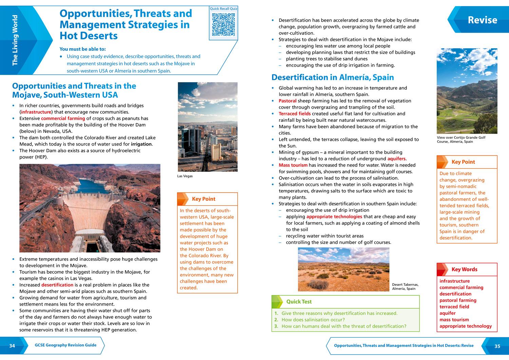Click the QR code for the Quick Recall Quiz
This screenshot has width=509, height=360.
pos(223,24)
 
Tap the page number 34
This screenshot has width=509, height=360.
pos(12,346)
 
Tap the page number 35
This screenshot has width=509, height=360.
pos(497,346)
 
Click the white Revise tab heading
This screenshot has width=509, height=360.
pos(482,20)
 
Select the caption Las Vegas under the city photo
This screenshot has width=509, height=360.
pos(185,176)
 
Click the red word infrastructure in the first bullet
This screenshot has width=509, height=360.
pos(36,112)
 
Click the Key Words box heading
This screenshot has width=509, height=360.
pos(464,269)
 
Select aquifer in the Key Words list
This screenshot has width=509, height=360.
pos(447,313)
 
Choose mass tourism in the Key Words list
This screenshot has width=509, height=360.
pos(454,320)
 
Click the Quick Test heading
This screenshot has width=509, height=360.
pos(299,302)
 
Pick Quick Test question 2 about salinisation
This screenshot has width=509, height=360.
pos(313,320)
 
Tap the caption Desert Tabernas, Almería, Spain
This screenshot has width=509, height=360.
pos(405,287)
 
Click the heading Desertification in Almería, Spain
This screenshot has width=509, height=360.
pos(333,77)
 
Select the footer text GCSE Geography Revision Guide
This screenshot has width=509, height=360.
pos(65,345)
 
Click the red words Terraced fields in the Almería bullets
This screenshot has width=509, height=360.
pos(294,114)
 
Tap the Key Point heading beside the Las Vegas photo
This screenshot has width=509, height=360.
pos(204,199)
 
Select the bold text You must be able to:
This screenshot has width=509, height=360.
pos(82,49)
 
